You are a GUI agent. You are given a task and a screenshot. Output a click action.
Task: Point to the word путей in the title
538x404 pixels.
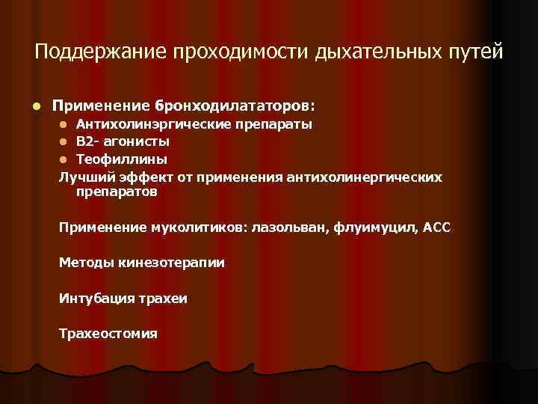tap(476, 52)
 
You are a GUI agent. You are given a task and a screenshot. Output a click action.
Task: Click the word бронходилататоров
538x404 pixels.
tap(231, 101)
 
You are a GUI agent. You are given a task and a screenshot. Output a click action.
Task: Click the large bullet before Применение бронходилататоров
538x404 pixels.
tap(25, 102)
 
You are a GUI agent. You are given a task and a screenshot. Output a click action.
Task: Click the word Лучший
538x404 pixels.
tap(84, 177)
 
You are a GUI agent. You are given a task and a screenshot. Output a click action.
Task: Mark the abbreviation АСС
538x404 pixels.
tap(436, 227)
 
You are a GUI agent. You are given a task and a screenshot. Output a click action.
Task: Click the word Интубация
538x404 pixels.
tap(93, 299)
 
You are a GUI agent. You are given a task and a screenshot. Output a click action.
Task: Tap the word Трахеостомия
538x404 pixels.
tap(108, 334)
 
